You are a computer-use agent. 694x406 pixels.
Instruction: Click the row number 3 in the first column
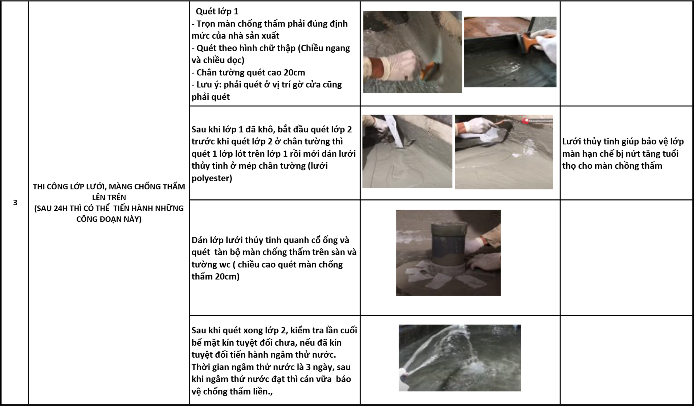coord(15,203)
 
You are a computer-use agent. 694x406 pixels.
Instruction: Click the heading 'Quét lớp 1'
coord(217,11)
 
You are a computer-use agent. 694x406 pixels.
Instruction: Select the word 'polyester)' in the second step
coord(212,178)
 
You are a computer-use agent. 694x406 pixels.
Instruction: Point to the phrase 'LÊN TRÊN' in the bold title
coord(109,198)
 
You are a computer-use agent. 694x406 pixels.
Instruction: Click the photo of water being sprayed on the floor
coord(460,358)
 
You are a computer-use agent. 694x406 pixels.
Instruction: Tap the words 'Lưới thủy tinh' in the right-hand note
coord(587,142)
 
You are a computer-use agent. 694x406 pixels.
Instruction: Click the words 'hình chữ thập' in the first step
coord(267,48)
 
